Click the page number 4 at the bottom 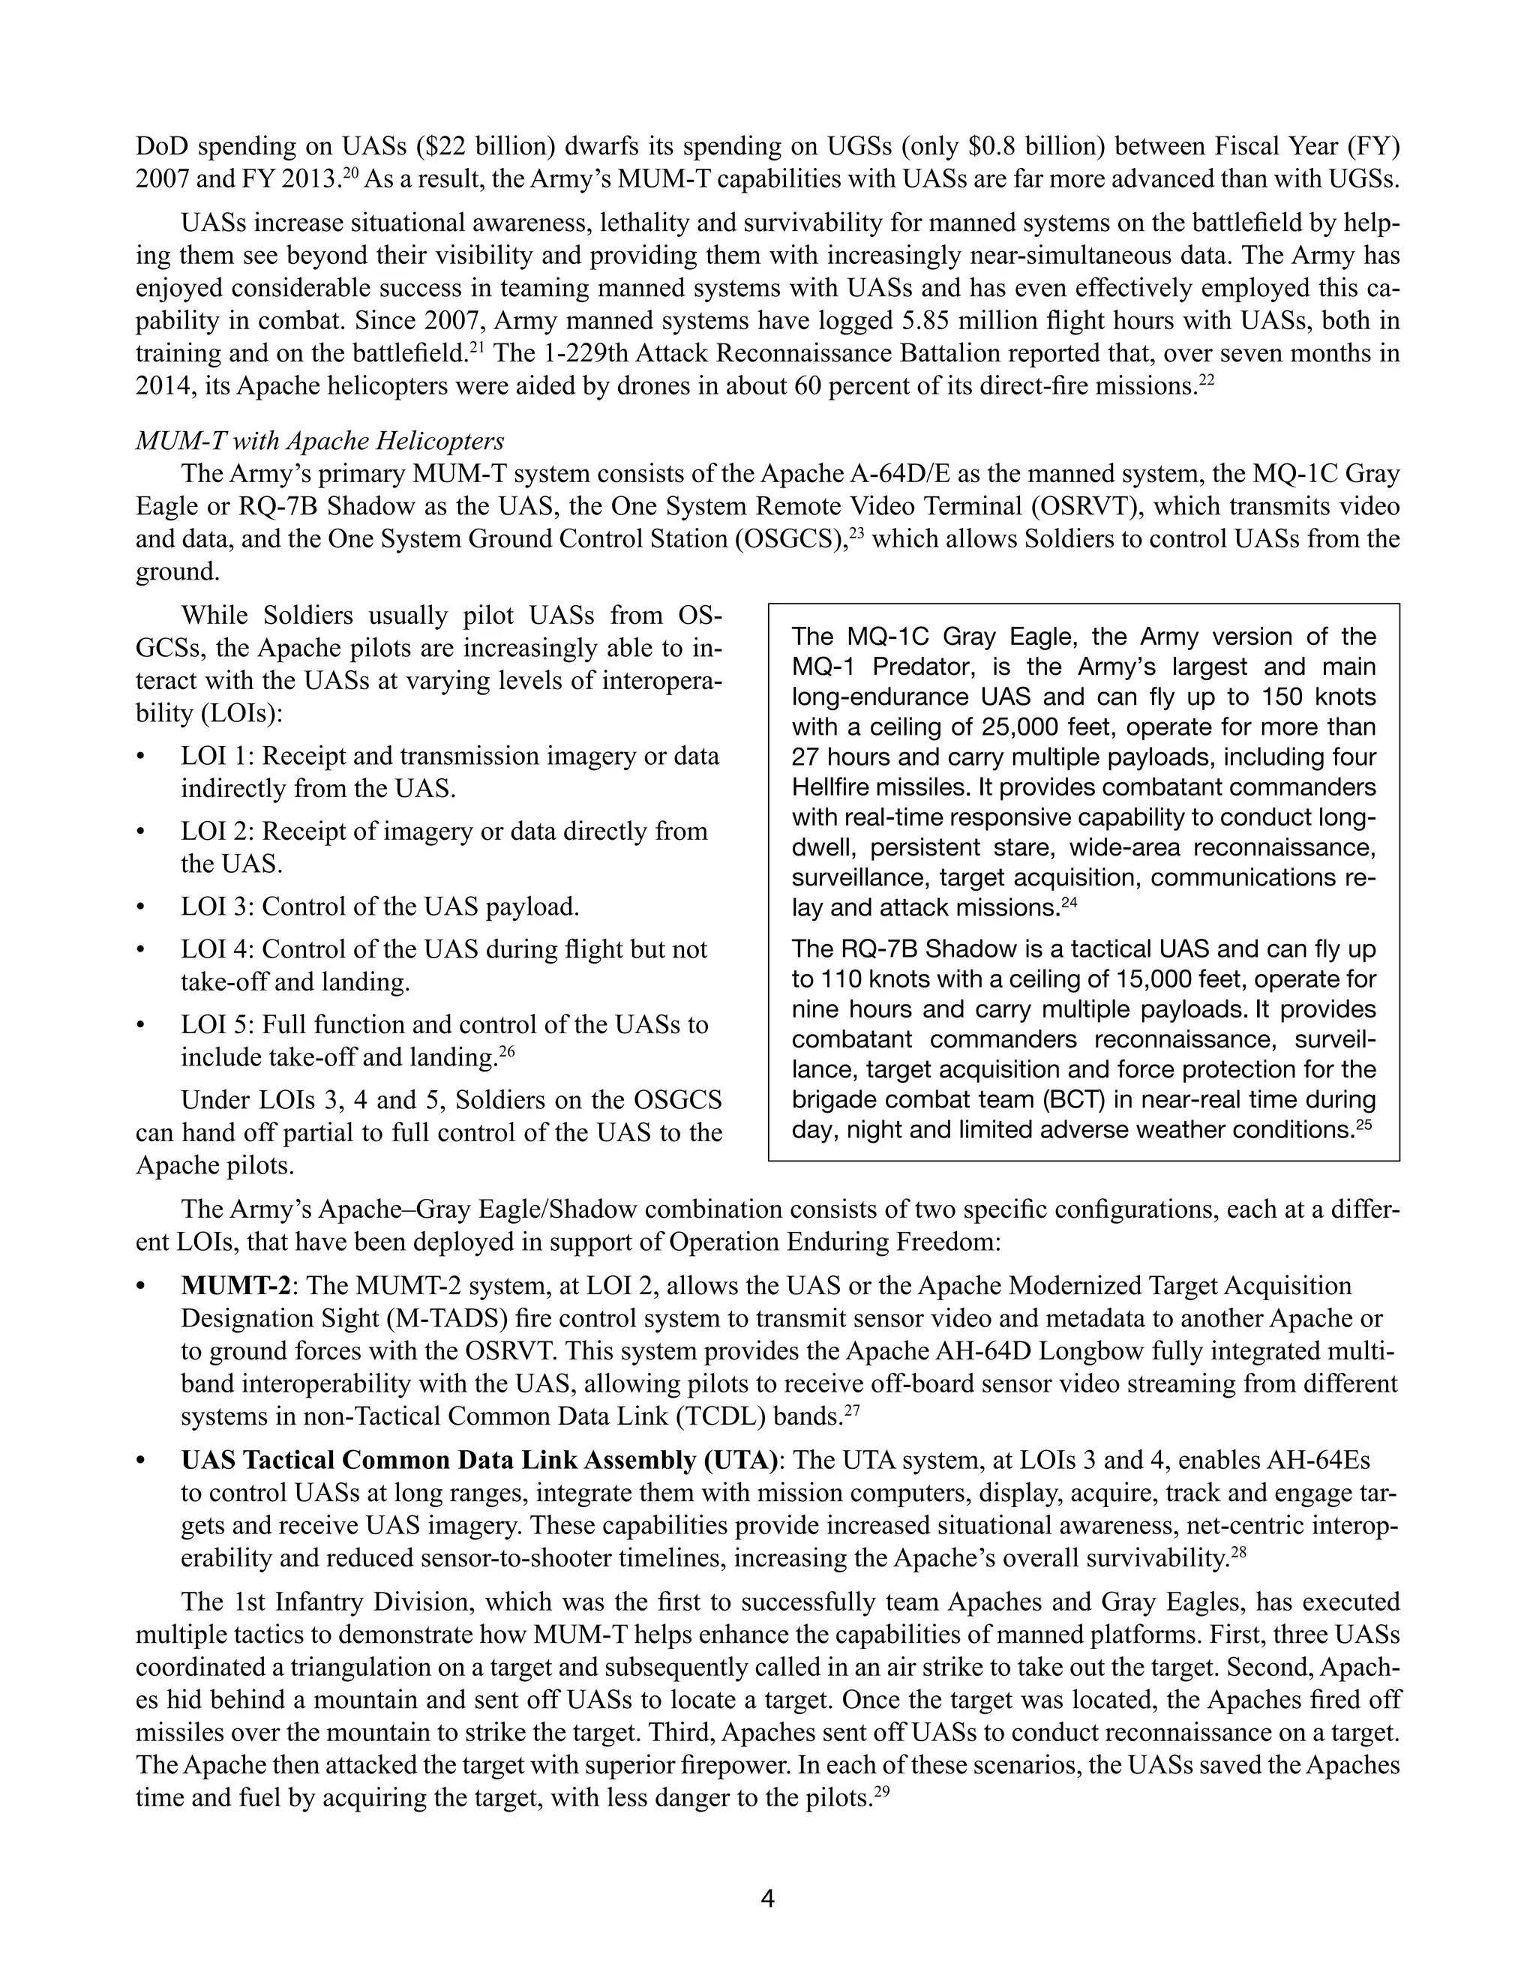pos(767,1898)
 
